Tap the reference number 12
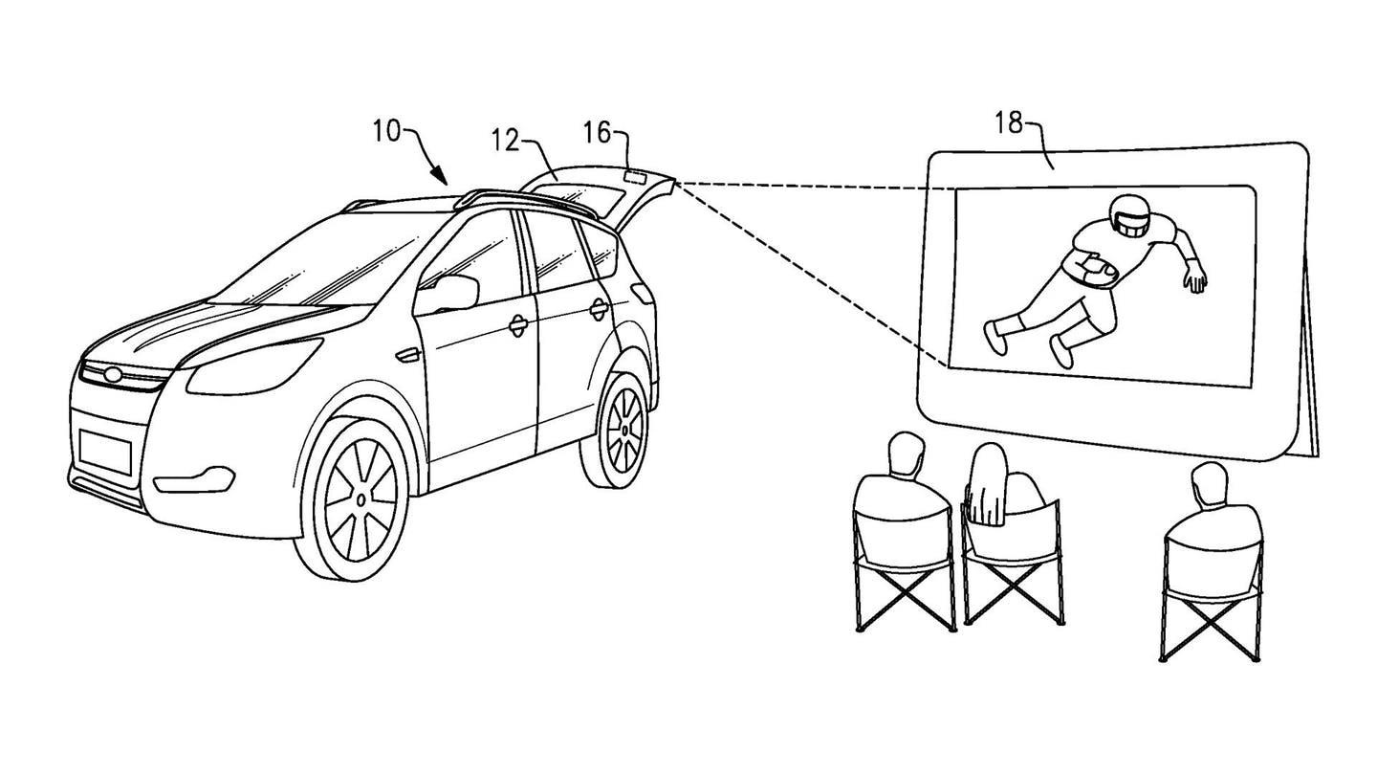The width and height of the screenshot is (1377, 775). click(x=506, y=141)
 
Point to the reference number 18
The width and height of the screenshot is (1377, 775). click(x=1008, y=122)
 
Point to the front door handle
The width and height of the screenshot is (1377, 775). click(x=517, y=325)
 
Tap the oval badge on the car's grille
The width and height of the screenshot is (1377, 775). click(x=114, y=374)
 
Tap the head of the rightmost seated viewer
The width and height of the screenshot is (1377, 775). click(x=1209, y=486)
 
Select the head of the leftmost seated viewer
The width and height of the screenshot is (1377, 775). click(x=904, y=454)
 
